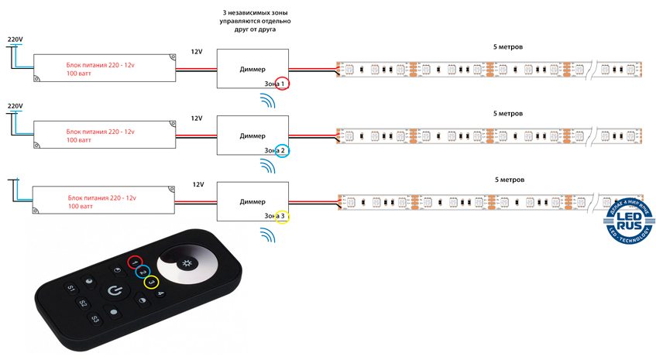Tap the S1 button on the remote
coord(71,289)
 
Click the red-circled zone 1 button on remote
coord(135,262)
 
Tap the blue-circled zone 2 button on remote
coord(143,272)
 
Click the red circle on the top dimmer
coord(282,83)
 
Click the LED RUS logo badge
coord(628,225)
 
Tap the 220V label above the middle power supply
coord(15,105)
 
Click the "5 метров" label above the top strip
coord(508,47)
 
